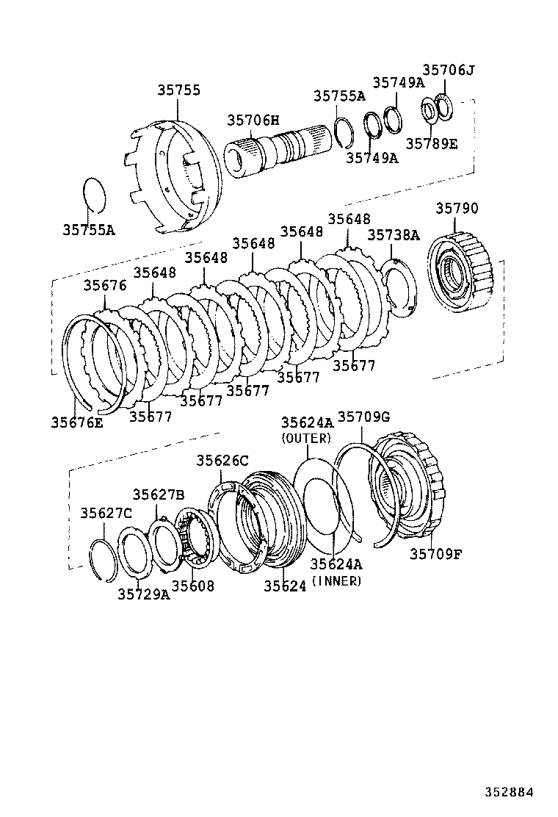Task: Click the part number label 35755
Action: point(178,90)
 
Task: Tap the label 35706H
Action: point(253,120)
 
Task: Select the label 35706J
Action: point(449,71)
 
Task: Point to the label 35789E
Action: point(431,143)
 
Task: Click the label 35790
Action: point(457,209)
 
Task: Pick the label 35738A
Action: point(394,235)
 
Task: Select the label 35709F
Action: point(435,553)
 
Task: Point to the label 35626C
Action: point(222,461)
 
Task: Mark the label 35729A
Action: point(143,594)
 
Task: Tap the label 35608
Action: point(193,586)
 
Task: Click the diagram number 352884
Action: point(508,792)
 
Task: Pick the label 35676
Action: point(104,285)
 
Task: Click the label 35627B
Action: point(158,494)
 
